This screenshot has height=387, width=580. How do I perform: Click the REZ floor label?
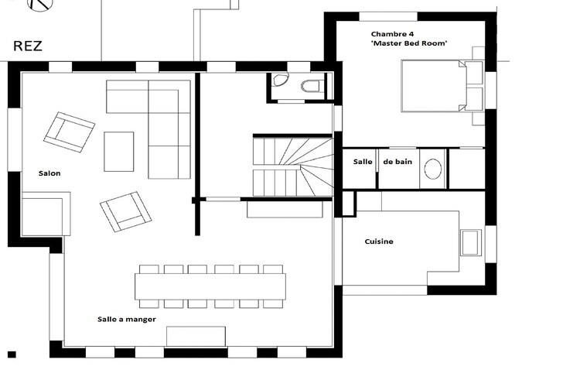pyautogui.click(x=28, y=46)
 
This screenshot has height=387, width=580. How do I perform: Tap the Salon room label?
pyautogui.click(x=49, y=173)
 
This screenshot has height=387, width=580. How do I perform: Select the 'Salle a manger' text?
pyautogui.click(x=127, y=319)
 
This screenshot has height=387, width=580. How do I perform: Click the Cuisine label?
pyautogui.click(x=379, y=241)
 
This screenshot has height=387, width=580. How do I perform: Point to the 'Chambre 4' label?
pyautogui.click(x=392, y=34)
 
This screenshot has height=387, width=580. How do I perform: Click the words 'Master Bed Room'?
pyautogui.click(x=409, y=43)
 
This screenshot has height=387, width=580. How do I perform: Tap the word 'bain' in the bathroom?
pyautogui.click(x=403, y=162)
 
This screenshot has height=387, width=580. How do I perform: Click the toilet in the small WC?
pyautogui.click(x=310, y=86)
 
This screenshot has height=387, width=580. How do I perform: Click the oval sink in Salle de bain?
pyautogui.click(x=433, y=169)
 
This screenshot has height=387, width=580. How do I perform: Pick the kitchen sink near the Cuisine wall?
pyautogui.click(x=471, y=243)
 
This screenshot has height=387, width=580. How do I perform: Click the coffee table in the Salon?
pyautogui.click(x=119, y=152)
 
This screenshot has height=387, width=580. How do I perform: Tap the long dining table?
pyautogui.click(x=210, y=286)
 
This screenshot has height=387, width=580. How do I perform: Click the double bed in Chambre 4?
pyautogui.click(x=442, y=86)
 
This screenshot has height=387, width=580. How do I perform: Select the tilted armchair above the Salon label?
pyautogui.click(x=69, y=132)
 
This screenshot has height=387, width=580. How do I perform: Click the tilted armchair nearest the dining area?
pyautogui.click(x=125, y=212)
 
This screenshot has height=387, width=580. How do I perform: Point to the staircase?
pyautogui.click(x=293, y=166)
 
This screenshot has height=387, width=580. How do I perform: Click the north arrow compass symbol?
pyautogui.click(x=41, y=4)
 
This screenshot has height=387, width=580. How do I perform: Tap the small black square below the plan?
pyautogui.click(x=12, y=354)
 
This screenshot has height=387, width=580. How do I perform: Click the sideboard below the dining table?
pyautogui.click(x=196, y=336)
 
